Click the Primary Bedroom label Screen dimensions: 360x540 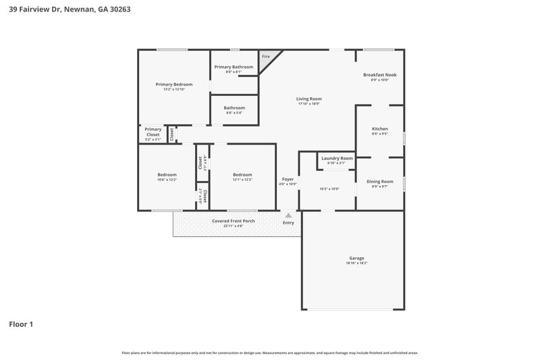(x=173, y=84)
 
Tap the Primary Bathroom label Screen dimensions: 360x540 (x=234, y=67)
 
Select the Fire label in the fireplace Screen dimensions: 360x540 (x=265, y=56)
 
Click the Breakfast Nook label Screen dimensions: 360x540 (x=379, y=74)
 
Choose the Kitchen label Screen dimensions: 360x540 (x=380, y=128)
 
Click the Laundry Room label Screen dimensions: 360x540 (x=337, y=158)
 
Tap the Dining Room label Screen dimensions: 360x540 (x=379, y=181)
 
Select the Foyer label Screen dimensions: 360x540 (x=288, y=179)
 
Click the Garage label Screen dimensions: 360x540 (x=356, y=258)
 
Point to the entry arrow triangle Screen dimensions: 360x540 (x=288, y=215)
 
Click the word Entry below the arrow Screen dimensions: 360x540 (x=288, y=223)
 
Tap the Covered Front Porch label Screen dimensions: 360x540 (x=233, y=221)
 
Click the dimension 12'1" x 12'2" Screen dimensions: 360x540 (x=242, y=180)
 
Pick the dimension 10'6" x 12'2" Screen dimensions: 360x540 (x=167, y=180)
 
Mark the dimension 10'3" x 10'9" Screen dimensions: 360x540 (x=329, y=188)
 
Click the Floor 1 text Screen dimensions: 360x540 (x=21, y=324)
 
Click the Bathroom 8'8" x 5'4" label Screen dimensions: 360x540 (x=234, y=108)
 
